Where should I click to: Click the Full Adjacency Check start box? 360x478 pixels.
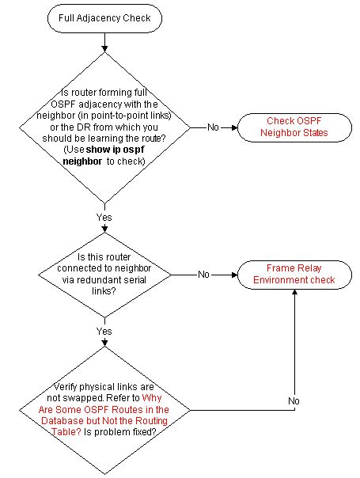coord(104,18)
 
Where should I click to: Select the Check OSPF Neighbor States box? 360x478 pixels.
coord(294,127)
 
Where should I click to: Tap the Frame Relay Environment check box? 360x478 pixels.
coord(294,275)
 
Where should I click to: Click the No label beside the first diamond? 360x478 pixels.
coord(213,127)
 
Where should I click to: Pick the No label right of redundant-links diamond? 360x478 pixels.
coord(203,275)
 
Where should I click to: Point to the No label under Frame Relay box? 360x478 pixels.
coord(294,401)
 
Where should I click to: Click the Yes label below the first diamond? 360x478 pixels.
coord(104,218)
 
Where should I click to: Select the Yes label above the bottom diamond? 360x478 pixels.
coord(104,331)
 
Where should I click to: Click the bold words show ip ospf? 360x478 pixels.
coord(116,150)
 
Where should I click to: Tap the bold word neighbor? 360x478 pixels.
coord(82,161)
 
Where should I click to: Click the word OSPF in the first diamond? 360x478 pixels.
coord(63,104)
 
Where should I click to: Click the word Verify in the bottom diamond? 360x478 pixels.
coord(65,387)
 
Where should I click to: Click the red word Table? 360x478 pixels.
coord(66,432)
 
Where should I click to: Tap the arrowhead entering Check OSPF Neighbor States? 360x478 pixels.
coord(234,127)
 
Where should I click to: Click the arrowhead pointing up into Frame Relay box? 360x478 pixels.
coord(294,292)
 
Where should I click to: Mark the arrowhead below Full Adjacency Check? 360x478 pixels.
coord(104,49)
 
